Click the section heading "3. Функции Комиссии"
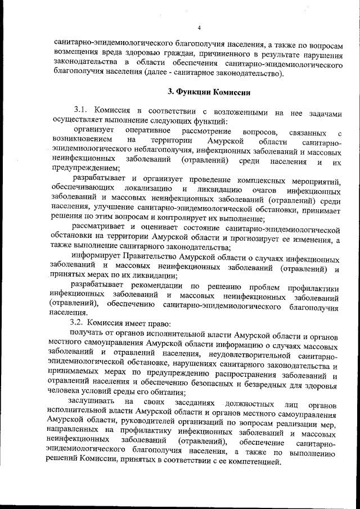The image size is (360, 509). pyautogui.click(x=201, y=92)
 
